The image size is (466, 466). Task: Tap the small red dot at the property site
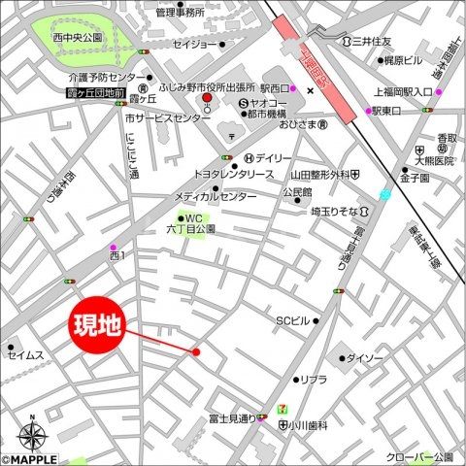(x=196, y=351)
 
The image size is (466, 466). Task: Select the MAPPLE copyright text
(x=29, y=459)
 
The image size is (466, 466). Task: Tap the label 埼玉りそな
(x=334, y=211)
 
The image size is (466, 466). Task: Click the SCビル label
(x=292, y=320)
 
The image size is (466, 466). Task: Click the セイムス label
(x=26, y=355)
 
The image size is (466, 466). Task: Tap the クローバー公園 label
(x=419, y=456)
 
